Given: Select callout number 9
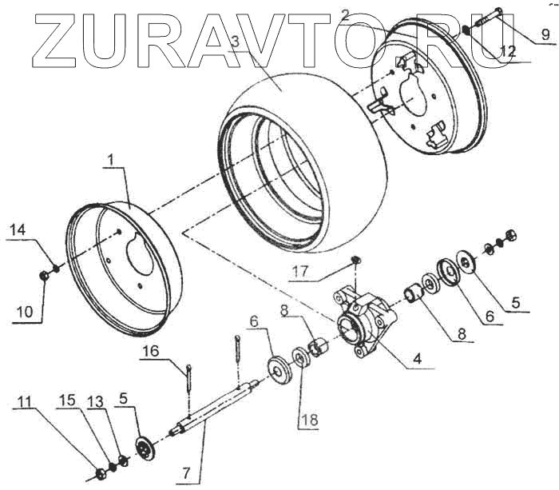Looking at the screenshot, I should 544,34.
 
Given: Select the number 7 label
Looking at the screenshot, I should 186,473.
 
